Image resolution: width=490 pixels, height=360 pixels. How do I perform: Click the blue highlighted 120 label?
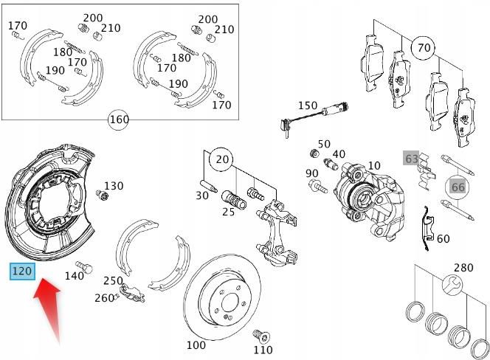pos(22,271)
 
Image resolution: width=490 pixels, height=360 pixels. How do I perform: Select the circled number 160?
pos(118,119)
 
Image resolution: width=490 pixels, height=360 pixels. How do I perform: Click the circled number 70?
pos(423,49)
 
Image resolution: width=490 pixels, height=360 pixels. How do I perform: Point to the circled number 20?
pos(219,158)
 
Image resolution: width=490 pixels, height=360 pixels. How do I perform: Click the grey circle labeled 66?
pos(458,187)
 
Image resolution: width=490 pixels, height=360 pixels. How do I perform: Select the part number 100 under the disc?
pos(196,345)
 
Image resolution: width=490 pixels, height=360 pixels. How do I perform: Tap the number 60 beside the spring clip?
pos(443,238)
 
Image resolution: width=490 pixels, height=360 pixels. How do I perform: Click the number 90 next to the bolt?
pos(312,173)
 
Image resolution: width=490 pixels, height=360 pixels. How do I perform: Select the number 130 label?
pos(114,186)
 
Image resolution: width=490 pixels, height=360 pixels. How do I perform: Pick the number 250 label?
pos(113,281)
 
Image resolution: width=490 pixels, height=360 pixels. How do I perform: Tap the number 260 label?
pos(103,298)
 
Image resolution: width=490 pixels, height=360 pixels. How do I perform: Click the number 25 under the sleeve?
pos(228,212)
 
